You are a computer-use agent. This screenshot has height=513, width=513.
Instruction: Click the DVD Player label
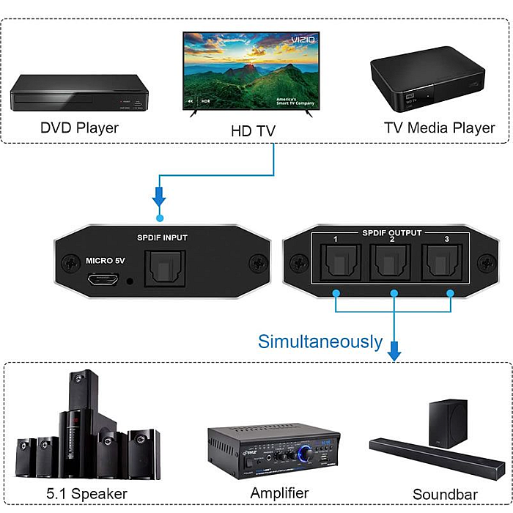point(79,128)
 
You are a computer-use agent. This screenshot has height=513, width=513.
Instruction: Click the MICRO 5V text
point(106,260)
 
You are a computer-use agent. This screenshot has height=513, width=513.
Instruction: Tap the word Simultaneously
point(320,342)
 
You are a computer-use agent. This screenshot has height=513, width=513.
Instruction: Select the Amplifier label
point(279,492)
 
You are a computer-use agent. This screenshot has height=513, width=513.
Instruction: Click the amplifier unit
point(273,450)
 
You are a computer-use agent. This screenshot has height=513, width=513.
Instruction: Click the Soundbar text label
point(445,494)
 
